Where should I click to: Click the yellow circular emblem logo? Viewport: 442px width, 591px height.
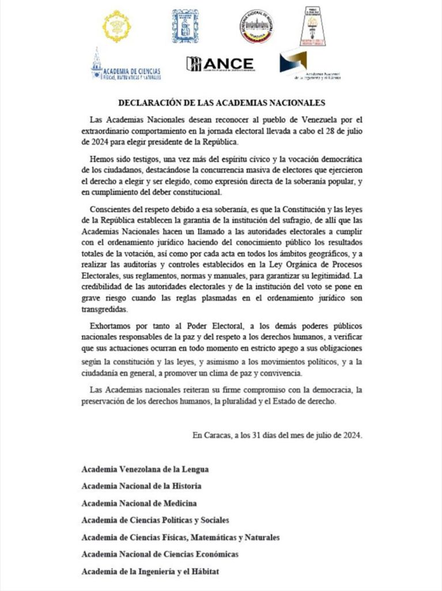pyautogui.click(x=117, y=26)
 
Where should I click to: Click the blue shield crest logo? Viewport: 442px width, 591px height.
pyautogui.click(x=186, y=25)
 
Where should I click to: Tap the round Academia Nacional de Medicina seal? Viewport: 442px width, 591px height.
pyautogui.click(x=256, y=26)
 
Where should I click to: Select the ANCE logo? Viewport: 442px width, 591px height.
pyautogui.click(x=220, y=64)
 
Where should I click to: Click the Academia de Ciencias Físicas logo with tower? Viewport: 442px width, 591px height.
pyautogui.click(x=126, y=66)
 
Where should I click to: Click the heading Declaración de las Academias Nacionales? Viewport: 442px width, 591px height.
pyautogui.click(x=222, y=103)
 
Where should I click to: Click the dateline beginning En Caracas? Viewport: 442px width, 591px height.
pyautogui.click(x=277, y=435)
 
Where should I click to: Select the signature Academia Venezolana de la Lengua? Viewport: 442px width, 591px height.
pyautogui.click(x=145, y=469)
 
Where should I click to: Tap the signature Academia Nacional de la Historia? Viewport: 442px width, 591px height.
pyautogui.click(x=141, y=486)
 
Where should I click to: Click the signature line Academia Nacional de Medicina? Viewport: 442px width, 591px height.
pyautogui.click(x=139, y=503)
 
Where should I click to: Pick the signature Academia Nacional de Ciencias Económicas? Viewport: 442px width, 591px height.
pyautogui.click(x=160, y=554)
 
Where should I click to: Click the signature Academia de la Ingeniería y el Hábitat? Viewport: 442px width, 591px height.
pyautogui.click(x=150, y=571)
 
